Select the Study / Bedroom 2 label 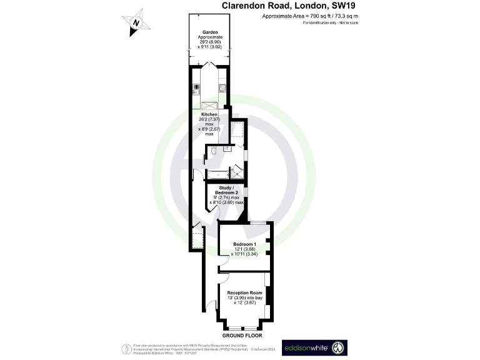click(x=225, y=190)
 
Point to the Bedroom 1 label click(x=244, y=243)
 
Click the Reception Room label click(x=243, y=292)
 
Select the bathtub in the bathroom click(x=216, y=174)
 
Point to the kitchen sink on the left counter click(x=196, y=89)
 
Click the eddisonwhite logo click(x=314, y=347)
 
